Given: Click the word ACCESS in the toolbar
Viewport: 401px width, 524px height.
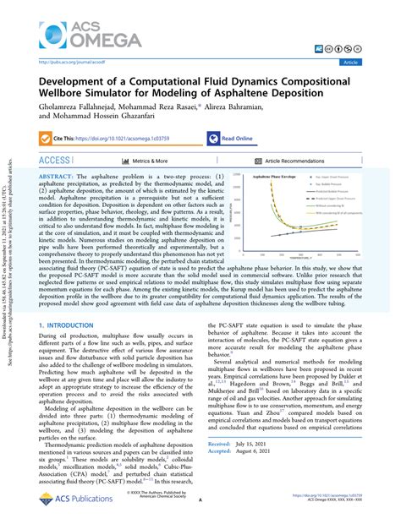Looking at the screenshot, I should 54,160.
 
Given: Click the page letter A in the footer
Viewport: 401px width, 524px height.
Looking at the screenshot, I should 200,499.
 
